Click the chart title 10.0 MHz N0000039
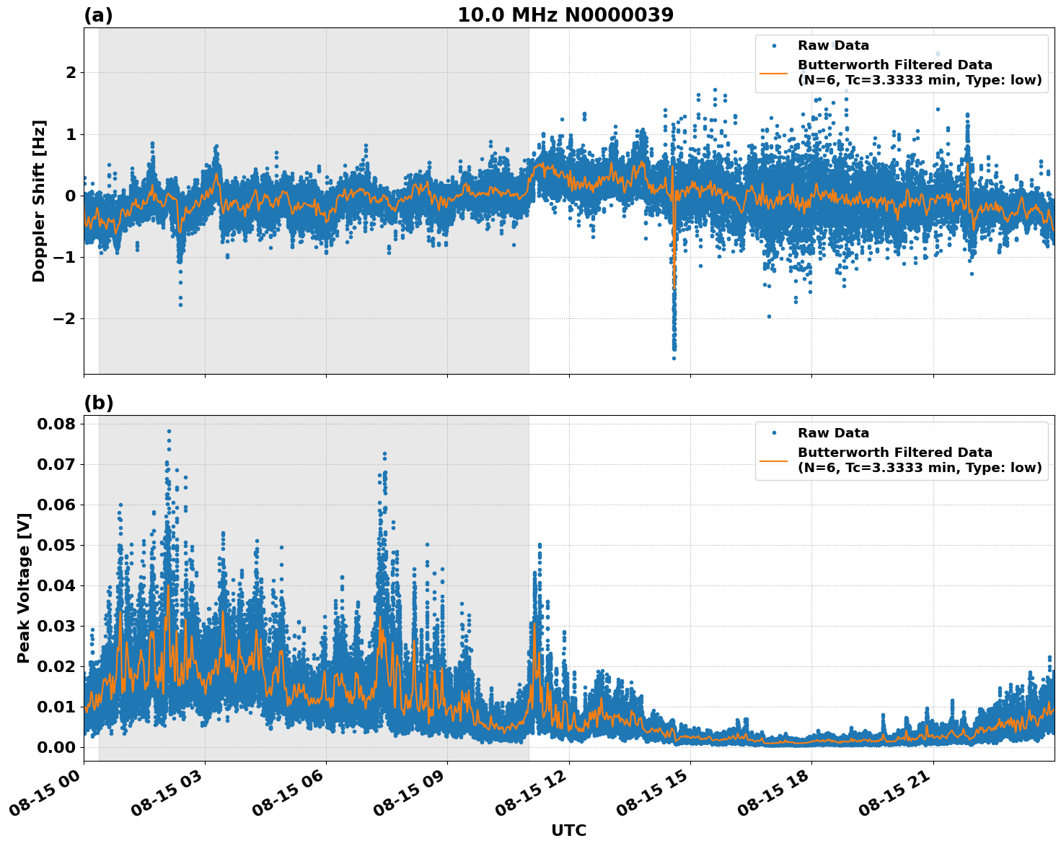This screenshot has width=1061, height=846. (565, 15)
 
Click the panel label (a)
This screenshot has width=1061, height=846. (98, 15)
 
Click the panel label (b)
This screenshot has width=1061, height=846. (98, 403)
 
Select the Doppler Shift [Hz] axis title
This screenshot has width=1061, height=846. (39, 201)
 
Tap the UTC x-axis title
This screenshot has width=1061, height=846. (568, 830)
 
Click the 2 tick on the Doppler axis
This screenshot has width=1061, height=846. (71, 73)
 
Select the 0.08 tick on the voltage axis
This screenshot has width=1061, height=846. (56, 424)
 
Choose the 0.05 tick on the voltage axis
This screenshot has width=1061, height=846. (56, 545)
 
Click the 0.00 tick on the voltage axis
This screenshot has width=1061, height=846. (56, 747)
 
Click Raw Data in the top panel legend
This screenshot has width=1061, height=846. (833, 45)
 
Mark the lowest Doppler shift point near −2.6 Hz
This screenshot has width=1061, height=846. (674, 358)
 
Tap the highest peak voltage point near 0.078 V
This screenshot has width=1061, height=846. (169, 431)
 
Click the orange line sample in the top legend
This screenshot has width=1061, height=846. (774, 72)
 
